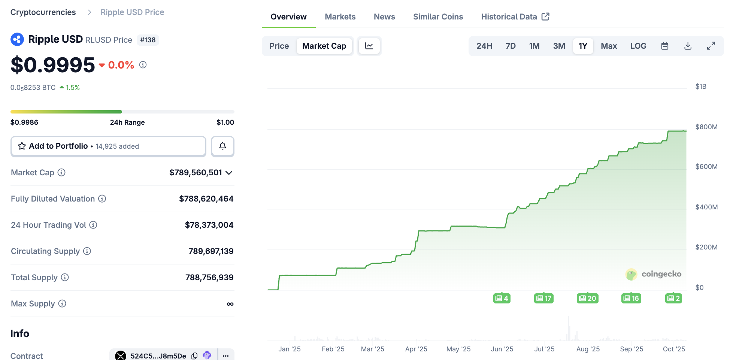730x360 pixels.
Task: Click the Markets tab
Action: [340, 17]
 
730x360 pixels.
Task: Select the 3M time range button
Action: [559, 46]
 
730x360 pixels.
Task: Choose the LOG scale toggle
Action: [638, 46]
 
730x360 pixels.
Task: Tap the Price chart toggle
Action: [279, 46]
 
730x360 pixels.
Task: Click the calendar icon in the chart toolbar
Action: [664, 46]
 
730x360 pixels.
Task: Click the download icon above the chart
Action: [688, 46]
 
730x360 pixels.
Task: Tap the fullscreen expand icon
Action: [711, 46]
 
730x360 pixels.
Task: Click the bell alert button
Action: [222, 146]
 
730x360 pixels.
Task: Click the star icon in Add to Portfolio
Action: [22, 146]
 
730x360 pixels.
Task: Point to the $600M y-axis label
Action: [706, 167]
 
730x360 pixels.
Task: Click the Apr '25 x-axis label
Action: [416, 349]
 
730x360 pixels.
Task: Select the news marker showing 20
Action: [587, 298]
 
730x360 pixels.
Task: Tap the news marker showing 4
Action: [502, 298]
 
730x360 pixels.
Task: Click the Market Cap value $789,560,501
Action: [196, 173]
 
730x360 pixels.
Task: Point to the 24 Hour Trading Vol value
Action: [209, 225]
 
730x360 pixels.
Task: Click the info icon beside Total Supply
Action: [65, 277]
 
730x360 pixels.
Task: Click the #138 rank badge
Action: [148, 40]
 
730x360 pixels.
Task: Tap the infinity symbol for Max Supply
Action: [230, 304]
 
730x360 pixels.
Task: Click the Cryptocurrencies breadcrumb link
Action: [43, 12]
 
